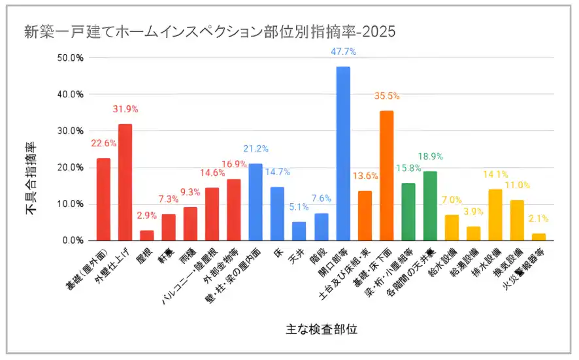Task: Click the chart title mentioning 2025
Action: click(x=209, y=32)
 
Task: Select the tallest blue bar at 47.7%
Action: click(x=342, y=154)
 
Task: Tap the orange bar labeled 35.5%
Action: click(x=386, y=175)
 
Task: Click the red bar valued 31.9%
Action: click(x=125, y=182)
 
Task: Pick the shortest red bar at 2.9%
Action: click(x=147, y=235)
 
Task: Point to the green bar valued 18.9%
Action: click(x=430, y=206)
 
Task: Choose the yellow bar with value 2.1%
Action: click(x=538, y=237)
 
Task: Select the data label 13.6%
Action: click(x=365, y=176)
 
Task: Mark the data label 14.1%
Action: click(x=495, y=174)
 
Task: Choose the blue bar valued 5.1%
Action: click(x=299, y=231)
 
